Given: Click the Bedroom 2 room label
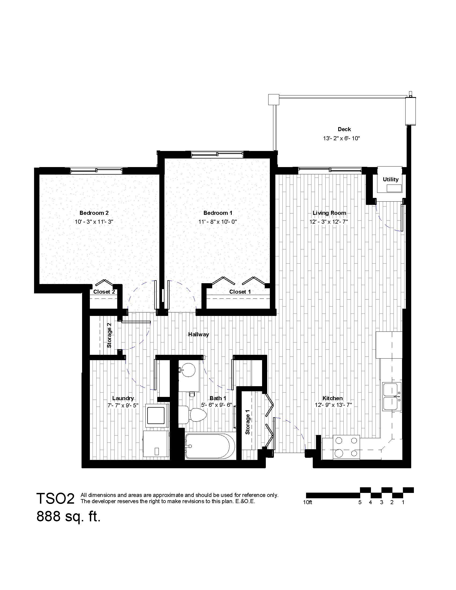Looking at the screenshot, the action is click(x=94, y=213).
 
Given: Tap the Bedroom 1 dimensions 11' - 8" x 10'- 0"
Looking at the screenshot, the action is click(x=218, y=222).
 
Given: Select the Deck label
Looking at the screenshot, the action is click(x=344, y=129).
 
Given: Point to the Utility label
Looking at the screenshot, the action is click(x=391, y=179).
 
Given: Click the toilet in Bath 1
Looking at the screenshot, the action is click(x=192, y=414).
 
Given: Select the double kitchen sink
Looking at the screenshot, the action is click(x=392, y=397).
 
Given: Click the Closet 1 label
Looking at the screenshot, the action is click(x=240, y=292).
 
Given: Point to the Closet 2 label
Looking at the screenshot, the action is click(x=104, y=292).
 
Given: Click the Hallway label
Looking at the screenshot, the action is click(x=198, y=334).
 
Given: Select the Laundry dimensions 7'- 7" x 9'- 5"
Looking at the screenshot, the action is click(x=123, y=405).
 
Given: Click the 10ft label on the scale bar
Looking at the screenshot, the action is click(x=307, y=503).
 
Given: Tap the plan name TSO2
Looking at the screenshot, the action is click(x=55, y=499).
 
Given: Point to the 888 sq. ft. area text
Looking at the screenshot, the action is click(x=68, y=517).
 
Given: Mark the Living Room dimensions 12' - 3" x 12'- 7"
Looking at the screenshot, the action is click(x=329, y=222).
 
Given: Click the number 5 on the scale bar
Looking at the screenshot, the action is click(x=360, y=503).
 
